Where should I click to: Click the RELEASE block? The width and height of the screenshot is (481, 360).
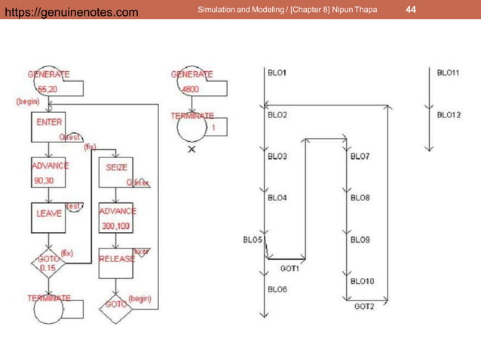[x=117, y=259]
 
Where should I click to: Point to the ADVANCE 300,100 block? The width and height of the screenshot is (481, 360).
[x=117, y=217]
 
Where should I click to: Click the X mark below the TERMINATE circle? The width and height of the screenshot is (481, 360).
[x=191, y=150]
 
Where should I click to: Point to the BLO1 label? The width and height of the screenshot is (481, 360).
[x=277, y=73]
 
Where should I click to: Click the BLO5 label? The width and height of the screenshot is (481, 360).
[x=253, y=240]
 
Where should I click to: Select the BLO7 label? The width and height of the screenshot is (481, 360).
[x=360, y=157]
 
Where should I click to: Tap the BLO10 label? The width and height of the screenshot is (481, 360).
[x=362, y=281]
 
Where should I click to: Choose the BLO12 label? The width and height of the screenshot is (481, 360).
[x=449, y=115]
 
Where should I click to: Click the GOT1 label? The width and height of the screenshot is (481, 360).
[x=290, y=268]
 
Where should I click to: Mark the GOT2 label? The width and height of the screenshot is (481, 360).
[x=364, y=306]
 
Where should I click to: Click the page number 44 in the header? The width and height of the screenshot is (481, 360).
[x=411, y=9]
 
